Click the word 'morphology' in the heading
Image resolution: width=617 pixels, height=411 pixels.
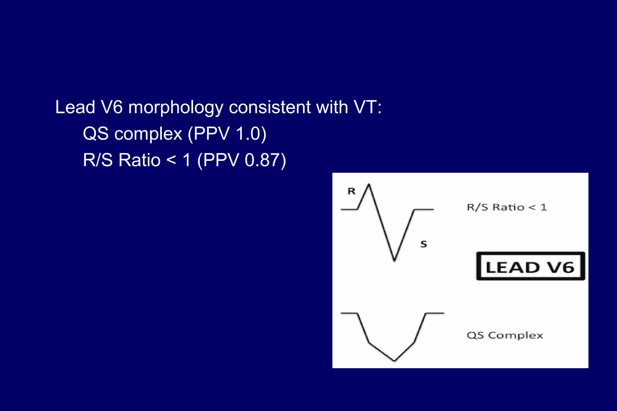176,107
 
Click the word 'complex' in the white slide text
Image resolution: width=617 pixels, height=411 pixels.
148,134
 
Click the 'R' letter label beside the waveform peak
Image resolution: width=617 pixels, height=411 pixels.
351,191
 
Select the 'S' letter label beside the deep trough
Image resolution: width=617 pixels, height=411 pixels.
424,244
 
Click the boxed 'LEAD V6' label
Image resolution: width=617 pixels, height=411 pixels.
530,267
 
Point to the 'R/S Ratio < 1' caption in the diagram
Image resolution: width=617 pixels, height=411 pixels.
507,207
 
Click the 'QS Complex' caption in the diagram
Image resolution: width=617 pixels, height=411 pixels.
505,335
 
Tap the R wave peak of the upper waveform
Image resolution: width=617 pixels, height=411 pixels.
369,184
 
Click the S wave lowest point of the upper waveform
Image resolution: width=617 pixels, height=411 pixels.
394,260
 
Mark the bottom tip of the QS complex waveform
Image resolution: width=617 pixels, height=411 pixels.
394,360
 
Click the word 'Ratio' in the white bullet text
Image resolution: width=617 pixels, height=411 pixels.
139,160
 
